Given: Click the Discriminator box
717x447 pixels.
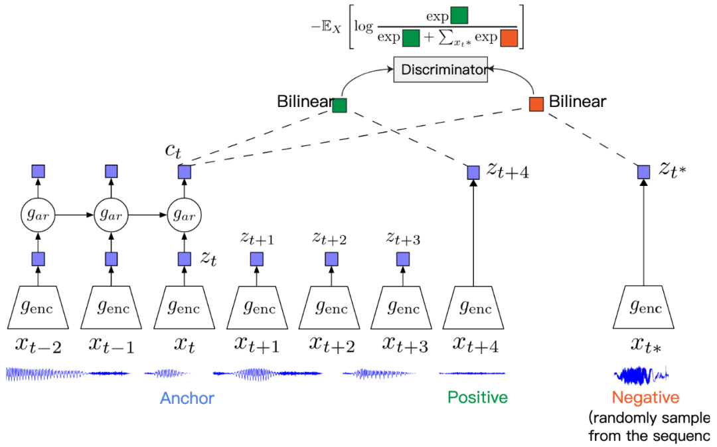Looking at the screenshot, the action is [x=440, y=70].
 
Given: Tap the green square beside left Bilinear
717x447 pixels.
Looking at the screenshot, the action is [x=339, y=105].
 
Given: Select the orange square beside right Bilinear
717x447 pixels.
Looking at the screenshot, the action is [x=536, y=104].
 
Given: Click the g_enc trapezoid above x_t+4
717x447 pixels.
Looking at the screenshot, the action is [x=473, y=308].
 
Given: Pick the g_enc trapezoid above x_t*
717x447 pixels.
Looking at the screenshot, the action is [x=643, y=308].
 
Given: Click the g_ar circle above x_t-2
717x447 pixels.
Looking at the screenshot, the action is [x=38, y=215].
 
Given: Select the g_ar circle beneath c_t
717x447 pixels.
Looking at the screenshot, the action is [x=185, y=215].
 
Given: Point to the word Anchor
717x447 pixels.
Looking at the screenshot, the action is [x=187, y=398].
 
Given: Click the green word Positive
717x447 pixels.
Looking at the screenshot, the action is [x=477, y=397].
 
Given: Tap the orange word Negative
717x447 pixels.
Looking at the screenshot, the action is [x=645, y=397].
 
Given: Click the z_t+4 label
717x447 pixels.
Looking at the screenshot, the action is [x=507, y=171].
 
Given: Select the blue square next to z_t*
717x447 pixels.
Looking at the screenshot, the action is [x=643, y=172].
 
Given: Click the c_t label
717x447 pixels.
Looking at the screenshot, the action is [x=173, y=151].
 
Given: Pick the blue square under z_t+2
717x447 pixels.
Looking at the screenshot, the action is [x=331, y=259].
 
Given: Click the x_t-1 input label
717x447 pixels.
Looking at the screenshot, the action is [x=111, y=345].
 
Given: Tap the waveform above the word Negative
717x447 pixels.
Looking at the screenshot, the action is [x=641, y=375].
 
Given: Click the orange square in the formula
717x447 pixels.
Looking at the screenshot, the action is [x=509, y=38].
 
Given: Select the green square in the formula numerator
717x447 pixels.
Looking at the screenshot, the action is [x=459, y=15].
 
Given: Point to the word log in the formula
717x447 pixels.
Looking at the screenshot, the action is [x=364, y=27].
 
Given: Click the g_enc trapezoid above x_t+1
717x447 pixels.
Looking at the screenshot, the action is [x=257, y=308].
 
